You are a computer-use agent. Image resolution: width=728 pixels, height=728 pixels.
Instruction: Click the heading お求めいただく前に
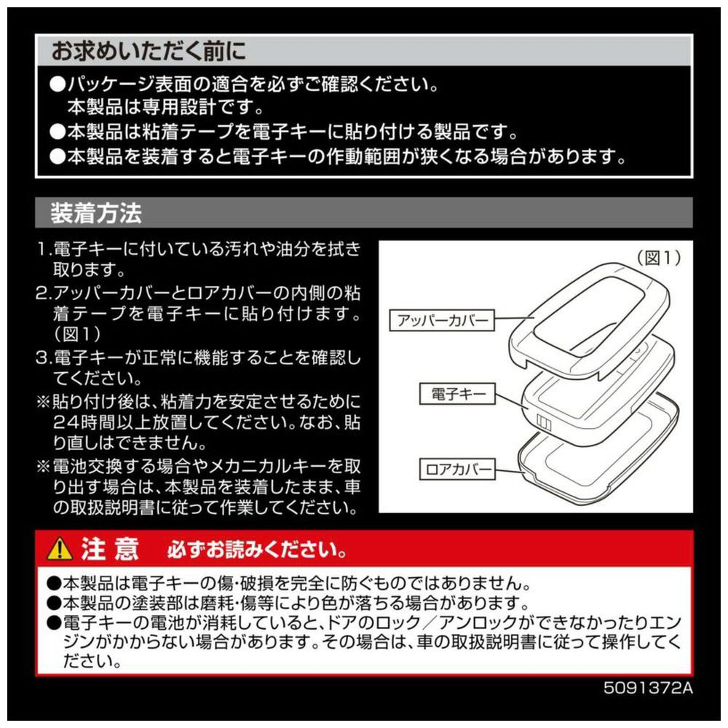[148, 51]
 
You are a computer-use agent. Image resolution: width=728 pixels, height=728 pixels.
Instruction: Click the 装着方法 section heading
[95, 213]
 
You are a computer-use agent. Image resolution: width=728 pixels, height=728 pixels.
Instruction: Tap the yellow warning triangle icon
[60, 548]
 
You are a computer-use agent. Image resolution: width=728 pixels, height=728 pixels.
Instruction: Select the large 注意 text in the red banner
[110, 549]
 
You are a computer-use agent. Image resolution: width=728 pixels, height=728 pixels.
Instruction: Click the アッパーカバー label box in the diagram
[442, 320]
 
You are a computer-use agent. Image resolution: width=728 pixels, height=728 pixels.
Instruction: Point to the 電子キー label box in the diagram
[457, 394]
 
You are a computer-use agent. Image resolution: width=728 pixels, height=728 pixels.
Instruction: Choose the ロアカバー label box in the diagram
[457, 469]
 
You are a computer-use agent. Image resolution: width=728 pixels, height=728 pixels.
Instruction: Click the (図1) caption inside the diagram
[658, 257]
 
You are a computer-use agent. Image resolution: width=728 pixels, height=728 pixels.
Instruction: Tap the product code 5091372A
[648, 688]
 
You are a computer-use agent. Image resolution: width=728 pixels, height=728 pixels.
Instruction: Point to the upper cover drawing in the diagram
[590, 320]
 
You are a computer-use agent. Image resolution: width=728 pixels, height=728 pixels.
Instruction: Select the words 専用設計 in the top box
[178, 108]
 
